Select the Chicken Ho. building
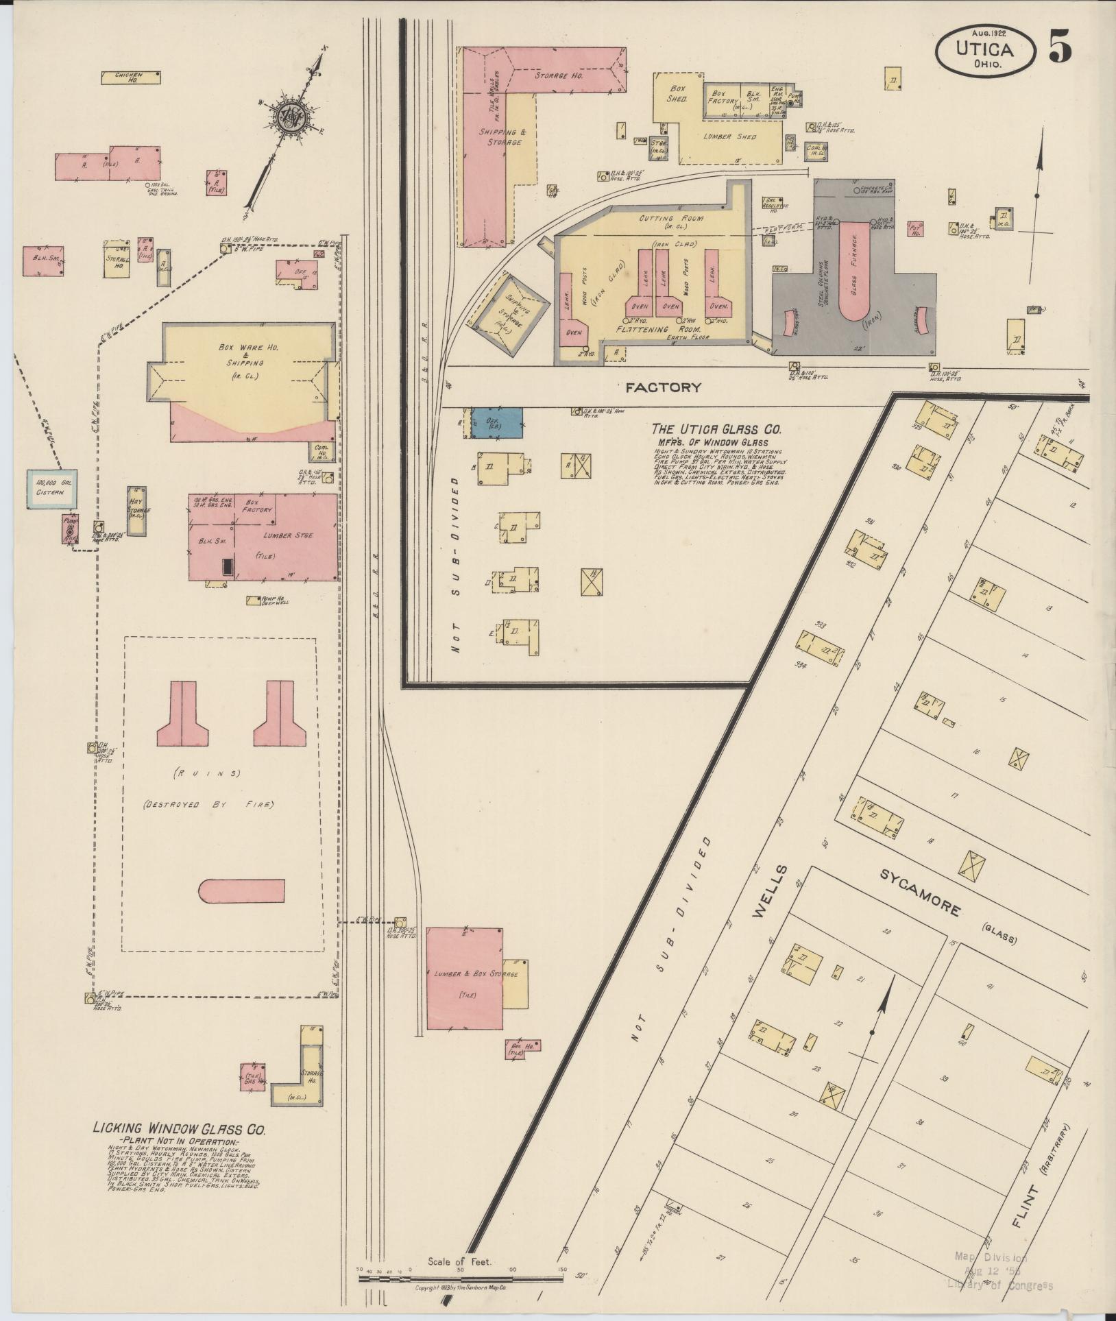click(x=131, y=77)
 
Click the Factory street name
click(x=663, y=387)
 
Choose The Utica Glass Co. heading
click(x=716, y=429)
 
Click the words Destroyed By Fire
click(x=208, y=804)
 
